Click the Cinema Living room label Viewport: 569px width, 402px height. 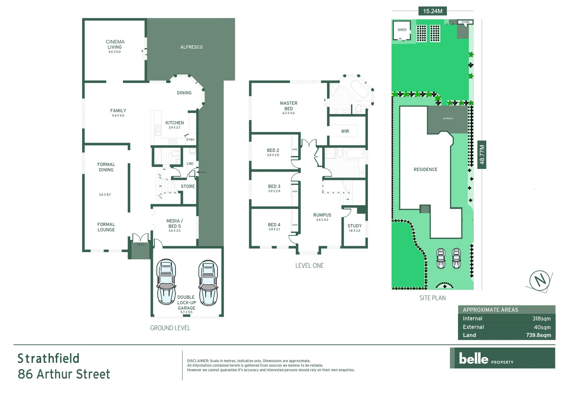click(x=115, y=45)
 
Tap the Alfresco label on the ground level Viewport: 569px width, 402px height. click(x=191, y=47)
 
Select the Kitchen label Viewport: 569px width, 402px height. click(x=174, y=123)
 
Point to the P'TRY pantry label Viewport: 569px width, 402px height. click(x=190, y=140)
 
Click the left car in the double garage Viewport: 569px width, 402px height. click(x=166, y=282)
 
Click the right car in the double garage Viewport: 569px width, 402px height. click(x=208, y=283)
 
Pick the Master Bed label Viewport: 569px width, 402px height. click(x=289, y=106)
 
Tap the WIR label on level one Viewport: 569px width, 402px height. click(x=345, y=131)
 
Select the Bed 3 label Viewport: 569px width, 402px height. click(x=274, y=186)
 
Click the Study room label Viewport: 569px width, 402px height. click(x=355, y=226)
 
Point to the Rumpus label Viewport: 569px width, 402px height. click(x=322, y=215)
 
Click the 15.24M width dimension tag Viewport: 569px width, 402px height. click(x=432, y=11)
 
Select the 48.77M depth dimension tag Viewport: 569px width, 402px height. click(x=482, y=154)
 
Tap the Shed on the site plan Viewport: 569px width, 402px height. click(x=402, y=30)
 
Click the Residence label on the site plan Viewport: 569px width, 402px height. click(x=425, y=170)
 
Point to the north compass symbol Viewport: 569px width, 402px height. click(x=540, y=280)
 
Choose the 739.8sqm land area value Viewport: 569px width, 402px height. click(x=538, y=335)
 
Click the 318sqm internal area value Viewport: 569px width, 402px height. click(x=541, y=319)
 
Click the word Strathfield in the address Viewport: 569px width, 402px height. click(x=48, y=358)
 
